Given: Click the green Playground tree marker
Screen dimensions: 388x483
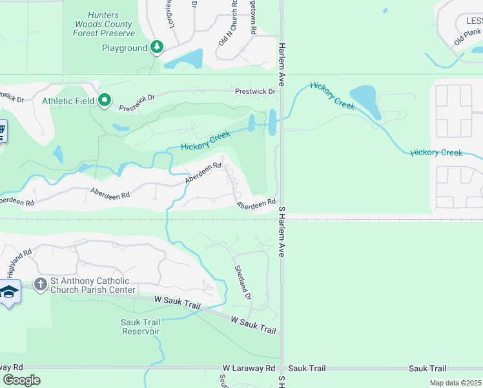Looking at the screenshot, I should tap(156, 47).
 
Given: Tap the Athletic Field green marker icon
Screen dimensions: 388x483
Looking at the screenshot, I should tap(105, 100).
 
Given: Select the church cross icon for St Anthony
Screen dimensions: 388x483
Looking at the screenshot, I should tap(40, 285).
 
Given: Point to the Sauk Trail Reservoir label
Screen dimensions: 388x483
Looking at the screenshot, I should tap(140, 327).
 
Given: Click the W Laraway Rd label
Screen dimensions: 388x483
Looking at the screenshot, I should tap(249, 368).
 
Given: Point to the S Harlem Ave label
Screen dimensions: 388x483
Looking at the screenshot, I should tap(282, 232).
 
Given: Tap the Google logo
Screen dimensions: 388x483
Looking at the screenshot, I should tap(21, 380).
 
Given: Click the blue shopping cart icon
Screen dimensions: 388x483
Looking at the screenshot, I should tap(2, 132).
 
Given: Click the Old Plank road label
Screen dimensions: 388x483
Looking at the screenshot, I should tap(468, 36).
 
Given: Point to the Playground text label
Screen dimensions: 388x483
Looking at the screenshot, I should tap(125, 48).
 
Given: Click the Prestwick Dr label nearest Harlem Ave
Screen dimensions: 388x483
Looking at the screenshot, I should tap(255, 92).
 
